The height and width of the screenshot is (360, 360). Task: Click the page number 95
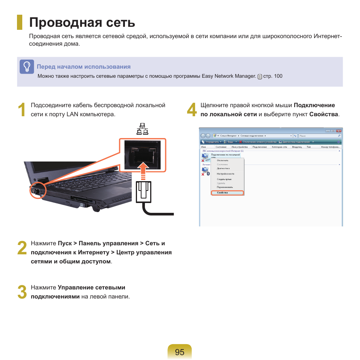pos(180,352)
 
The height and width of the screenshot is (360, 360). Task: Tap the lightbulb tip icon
pos(27,67)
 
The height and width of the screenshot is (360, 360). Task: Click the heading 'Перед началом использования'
pos(83,67)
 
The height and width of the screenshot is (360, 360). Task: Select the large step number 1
pos(22,110)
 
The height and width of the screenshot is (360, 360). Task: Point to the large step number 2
pos(22,249)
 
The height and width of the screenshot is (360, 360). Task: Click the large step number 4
pos(192,110)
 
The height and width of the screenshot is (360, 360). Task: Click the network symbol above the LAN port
pos(142,129)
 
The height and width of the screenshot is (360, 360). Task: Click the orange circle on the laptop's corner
pos(37,190)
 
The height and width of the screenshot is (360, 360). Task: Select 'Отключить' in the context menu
pos(222,160)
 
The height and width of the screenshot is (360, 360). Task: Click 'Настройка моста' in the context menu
pos(225,174)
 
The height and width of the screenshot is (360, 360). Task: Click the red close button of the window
pos(339,130)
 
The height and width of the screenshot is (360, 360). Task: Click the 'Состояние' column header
pos(222,147)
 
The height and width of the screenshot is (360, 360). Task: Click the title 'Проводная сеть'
pos(82,23)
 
